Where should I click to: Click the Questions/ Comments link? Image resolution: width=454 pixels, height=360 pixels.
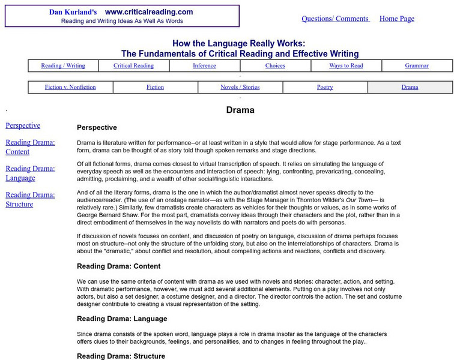pyautogui.click(x=335, y=19)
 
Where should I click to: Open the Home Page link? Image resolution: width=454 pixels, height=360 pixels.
pyautogui.click(x=397, y=19)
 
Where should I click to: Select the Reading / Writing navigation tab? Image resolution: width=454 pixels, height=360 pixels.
pyautogui.click(x=63, y=65)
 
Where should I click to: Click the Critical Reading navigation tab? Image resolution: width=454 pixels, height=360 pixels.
pyautogui.click(x=134, y=65)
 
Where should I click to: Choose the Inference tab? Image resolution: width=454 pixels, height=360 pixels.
pyautogui.click(x=205, y=65)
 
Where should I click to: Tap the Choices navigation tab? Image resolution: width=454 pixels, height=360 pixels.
pyautogui.click(x=275, y=65)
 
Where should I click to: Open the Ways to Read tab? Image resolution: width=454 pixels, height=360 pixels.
pyautogui.click(x=346, y=65)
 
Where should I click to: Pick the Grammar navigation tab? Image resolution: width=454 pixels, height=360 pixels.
pyautogui.click(x=417, y=65)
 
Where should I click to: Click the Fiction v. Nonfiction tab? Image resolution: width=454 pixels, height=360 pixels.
pyautogui.click(x=70, y=87)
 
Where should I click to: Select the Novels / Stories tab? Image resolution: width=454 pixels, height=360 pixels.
pyautogui.click(x=240, y=87)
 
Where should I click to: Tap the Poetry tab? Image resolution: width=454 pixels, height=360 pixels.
pyautogui.click(x=325, y=87)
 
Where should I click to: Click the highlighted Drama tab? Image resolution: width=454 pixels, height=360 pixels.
pyautogui.click(x=410, y=87)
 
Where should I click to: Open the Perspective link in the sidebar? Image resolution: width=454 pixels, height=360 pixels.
pyautogui.click(x=23, y=125)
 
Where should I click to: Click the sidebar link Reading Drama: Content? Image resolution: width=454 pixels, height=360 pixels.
pyautogui.click(x=30, y=147)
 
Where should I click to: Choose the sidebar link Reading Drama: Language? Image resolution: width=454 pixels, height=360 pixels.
pyautogui.click(x=30, y=173)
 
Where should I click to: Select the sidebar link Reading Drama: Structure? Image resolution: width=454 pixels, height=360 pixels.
pyautogui.click(x=30, y=200)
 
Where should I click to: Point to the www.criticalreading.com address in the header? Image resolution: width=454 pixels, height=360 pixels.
pyautogui.click(x=149, y=12)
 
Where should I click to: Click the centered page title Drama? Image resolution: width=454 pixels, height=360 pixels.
pyautogui.click(x=240, y=110)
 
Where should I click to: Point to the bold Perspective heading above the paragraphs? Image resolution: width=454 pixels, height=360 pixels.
pyautogui.click(x=97, y=128)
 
